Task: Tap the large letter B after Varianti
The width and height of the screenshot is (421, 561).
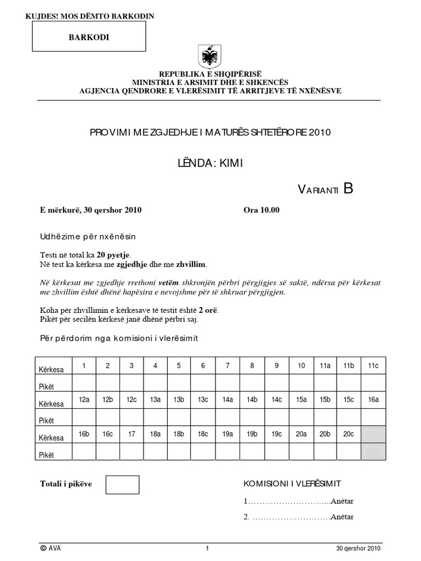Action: click(x=349, y=188)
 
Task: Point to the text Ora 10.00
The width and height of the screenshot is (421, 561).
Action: click(x=261, y=210)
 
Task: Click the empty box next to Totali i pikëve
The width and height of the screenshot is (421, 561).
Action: click(x=122, y=484)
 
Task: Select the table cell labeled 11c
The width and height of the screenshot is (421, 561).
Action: click(x=373, y=365)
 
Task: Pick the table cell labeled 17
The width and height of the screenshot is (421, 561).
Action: click(x=132, y=434)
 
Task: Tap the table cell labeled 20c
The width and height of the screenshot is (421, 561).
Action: click(x=349, y=434)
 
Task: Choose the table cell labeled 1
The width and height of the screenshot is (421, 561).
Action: click(x=84, y=365)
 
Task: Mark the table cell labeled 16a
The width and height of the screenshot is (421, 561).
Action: click(x=373, y=400)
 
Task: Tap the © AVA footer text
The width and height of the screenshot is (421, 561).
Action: click(x=50, y=548)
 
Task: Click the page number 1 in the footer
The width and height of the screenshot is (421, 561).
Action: click(x=208, y=548)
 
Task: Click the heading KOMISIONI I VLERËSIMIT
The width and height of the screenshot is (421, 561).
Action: click(x=292, y=483)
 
